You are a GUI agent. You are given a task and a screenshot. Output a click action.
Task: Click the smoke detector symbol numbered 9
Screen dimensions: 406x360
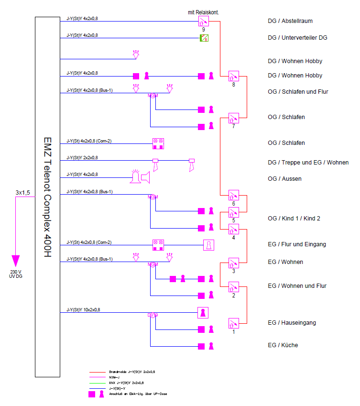pos(204,21)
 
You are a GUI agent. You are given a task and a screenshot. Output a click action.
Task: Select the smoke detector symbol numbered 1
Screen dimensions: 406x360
pos(233,323)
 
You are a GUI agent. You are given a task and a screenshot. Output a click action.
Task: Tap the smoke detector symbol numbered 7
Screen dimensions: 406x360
pos(233,118)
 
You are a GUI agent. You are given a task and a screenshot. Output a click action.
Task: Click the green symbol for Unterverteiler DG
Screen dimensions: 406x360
pos(204,38)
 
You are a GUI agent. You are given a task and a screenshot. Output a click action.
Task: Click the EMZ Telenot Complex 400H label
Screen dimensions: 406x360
pos(47,197)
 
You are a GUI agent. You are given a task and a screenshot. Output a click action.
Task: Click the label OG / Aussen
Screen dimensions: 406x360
pos(284,179)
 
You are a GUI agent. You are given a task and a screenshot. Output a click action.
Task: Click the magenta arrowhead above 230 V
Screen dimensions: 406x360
pos(16,261)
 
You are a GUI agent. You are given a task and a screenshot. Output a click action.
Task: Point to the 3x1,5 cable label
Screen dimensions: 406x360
pos(22,192)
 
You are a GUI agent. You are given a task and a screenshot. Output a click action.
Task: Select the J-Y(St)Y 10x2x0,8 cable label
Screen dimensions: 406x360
pos(83,310)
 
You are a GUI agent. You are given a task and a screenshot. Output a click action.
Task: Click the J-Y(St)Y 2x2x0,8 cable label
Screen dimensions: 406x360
pos(82,157)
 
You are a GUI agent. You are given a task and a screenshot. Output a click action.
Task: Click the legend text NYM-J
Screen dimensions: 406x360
pos(115,377)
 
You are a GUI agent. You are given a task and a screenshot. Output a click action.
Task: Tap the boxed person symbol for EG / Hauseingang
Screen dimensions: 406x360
pos(204,312)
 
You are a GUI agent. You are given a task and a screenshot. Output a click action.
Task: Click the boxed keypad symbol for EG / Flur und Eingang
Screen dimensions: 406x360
pos(208,245)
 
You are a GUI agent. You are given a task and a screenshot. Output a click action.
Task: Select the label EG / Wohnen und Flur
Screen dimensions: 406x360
pos(297,286)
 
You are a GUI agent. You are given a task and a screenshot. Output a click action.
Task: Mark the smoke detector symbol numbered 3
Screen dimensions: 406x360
pos(233,263)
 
